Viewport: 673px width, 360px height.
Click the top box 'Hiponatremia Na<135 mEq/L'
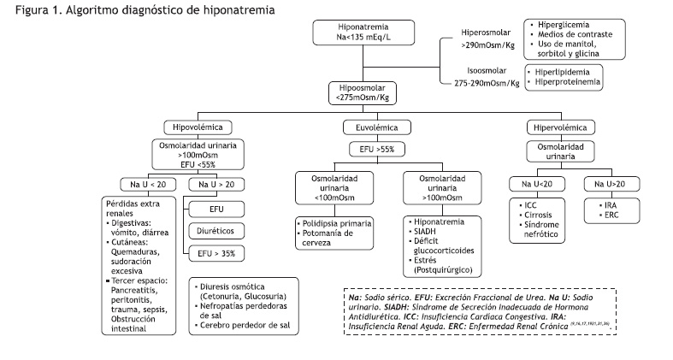[363, 32]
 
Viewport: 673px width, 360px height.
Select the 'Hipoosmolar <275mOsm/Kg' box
[363, 93]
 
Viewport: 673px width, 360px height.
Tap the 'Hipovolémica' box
[198, 127]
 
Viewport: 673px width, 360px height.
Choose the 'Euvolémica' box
[377, 127]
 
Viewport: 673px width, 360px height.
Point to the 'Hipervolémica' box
[560, 127]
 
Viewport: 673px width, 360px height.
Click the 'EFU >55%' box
[377, 150]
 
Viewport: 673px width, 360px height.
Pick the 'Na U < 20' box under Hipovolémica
[148, 185]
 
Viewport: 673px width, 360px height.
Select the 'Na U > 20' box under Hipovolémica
[216, 185]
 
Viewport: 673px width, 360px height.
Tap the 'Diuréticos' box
[216, 231]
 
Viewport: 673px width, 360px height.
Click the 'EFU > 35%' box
[216, 254]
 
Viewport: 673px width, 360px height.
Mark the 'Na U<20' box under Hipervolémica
[537, 184]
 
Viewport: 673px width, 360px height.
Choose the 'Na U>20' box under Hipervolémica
[611, 184]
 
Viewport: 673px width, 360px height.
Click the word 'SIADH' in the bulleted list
[425, 231]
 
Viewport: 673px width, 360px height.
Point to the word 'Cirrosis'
[538, 215]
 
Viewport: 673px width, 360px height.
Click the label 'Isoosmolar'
[487, 71]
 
